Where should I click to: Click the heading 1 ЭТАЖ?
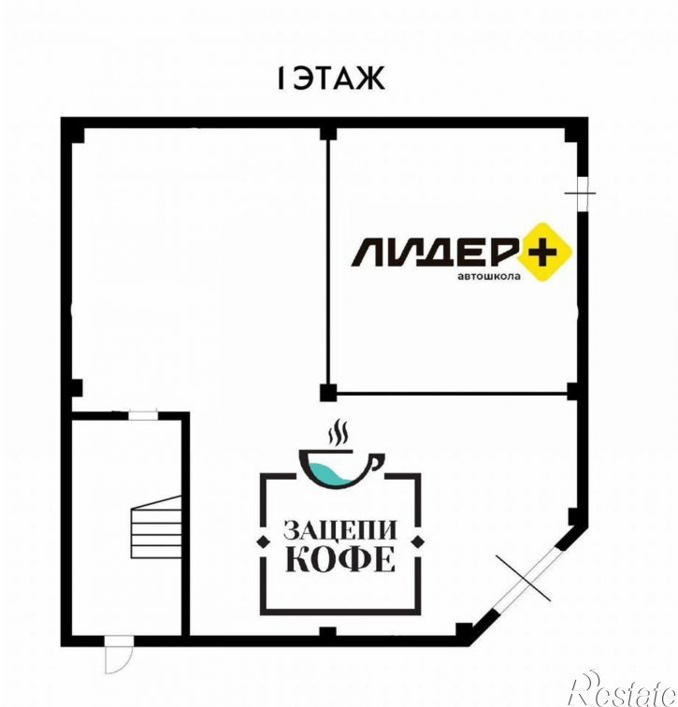[331, 78]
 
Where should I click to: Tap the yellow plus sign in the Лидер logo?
[544, 252]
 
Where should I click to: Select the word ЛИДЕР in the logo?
[434, 252]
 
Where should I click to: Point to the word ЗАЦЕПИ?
[339, 530]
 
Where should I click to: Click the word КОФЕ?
[340, 559]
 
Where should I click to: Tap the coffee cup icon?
[341, 469]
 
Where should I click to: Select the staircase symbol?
[156, 527]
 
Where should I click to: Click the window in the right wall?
[583, 194]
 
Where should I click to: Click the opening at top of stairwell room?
[143, 415]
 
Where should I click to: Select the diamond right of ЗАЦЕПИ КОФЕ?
[419, 541]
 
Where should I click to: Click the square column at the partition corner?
[327, 393]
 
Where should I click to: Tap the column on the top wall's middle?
[328, 133]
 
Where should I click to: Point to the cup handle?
[378, 462]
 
